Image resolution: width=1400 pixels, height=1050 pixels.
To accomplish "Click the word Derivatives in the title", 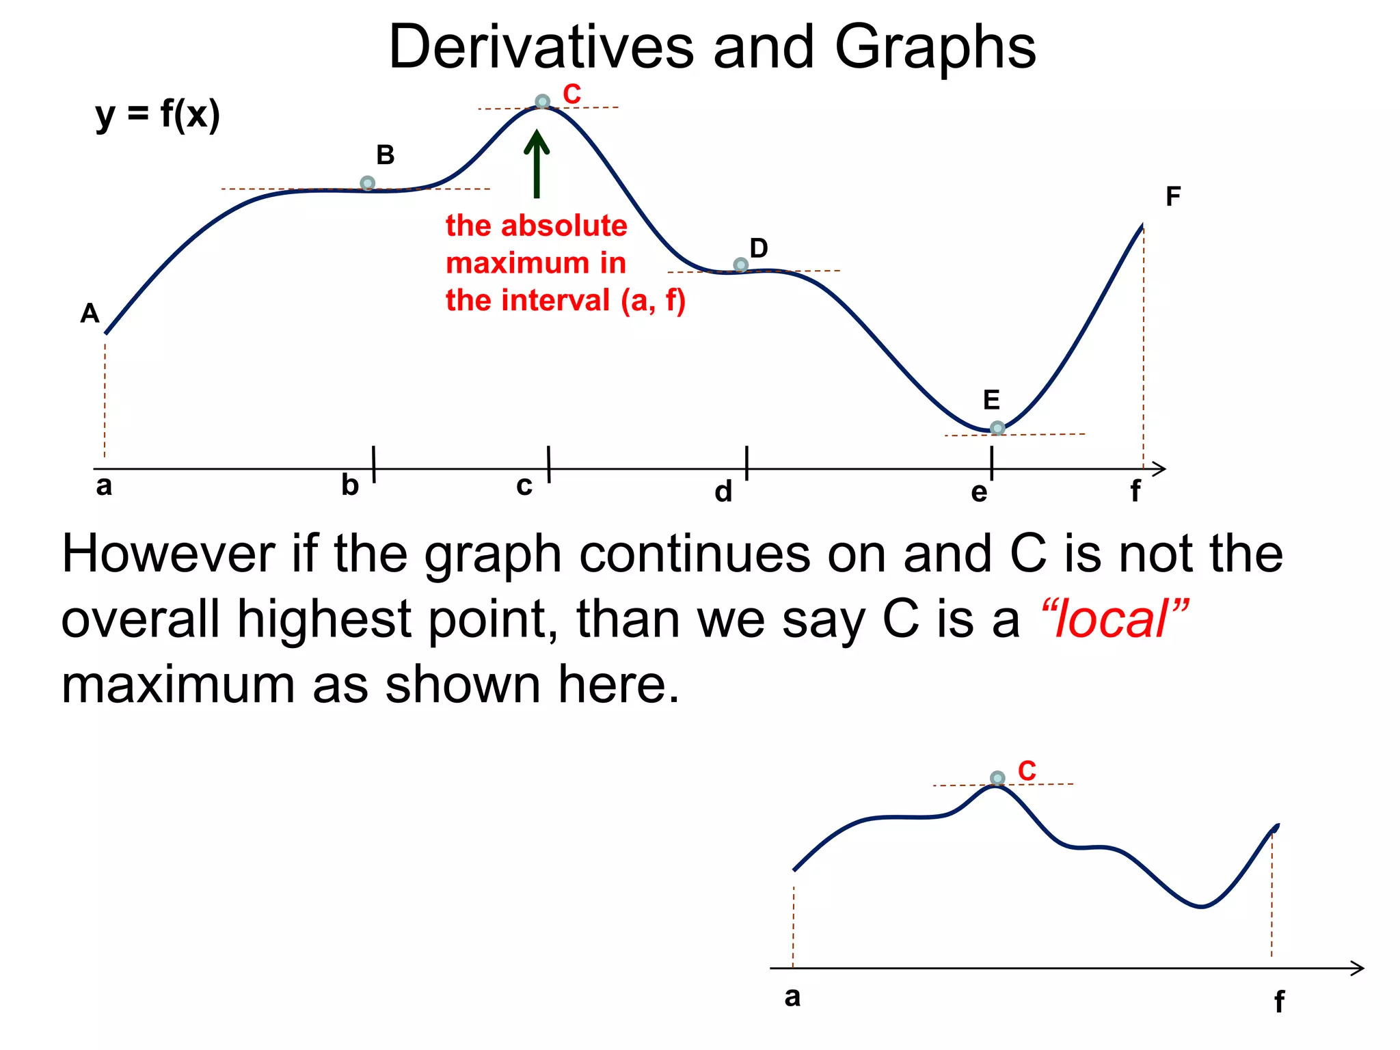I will (541, 47).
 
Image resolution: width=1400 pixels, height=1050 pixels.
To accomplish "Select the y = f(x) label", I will (157, 115).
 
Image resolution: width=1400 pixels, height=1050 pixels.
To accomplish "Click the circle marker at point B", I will (367, 183).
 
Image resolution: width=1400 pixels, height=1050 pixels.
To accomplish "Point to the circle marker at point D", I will (740, 265).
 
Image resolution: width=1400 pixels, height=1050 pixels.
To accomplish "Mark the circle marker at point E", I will (997, 428).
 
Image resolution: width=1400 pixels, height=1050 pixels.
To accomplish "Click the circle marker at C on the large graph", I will (542, 102).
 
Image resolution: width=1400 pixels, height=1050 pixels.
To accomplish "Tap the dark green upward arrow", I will (537, 164).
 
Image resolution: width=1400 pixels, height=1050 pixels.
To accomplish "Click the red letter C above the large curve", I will (571, 94).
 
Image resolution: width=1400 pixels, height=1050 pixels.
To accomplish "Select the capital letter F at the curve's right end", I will (1173, 197).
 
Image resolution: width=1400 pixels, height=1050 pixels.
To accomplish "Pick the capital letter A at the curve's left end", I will (90, 314).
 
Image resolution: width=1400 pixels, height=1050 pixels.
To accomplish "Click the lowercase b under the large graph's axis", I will (350, 485).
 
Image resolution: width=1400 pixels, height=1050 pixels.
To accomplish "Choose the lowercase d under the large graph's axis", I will (723, 492).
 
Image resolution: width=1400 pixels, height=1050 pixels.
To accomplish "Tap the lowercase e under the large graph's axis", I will (979, 492).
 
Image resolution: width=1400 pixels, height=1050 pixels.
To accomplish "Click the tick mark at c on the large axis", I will (549, 465).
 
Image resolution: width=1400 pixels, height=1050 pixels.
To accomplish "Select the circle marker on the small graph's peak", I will (997, 778).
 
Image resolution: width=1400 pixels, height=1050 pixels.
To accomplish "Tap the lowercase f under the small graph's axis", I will (1279, 1002).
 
